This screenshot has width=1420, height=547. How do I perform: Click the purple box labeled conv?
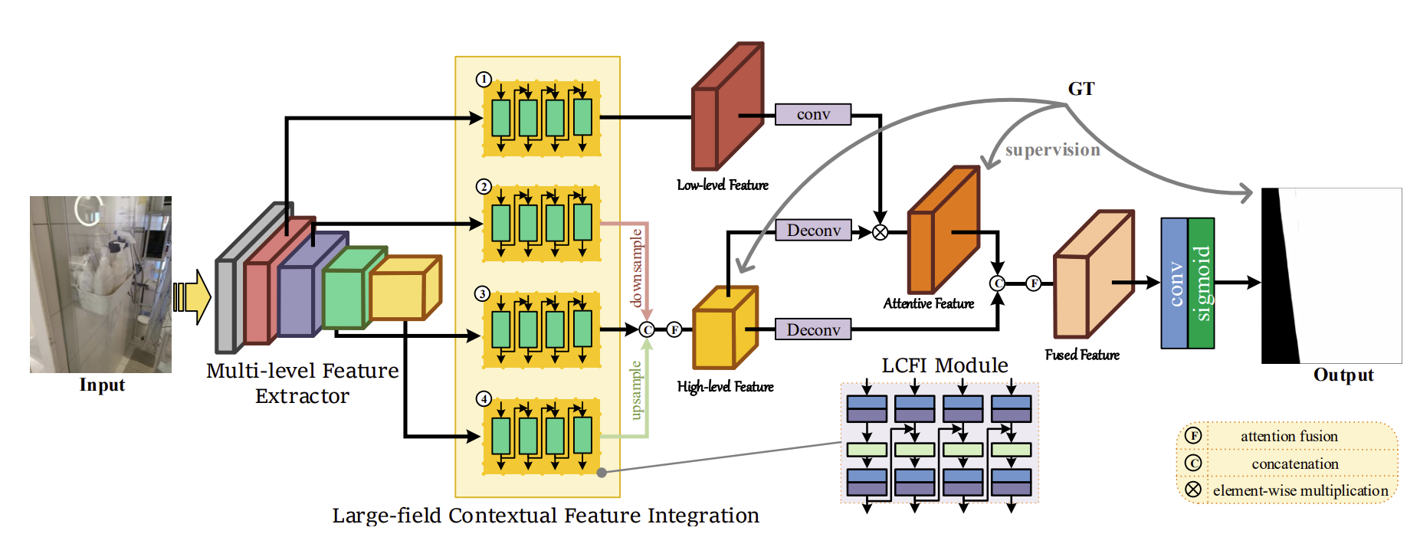pos(813,114)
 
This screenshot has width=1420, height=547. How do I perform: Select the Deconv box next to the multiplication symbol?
pos(813,231)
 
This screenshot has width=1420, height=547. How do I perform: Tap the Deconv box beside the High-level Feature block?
pos(813,329)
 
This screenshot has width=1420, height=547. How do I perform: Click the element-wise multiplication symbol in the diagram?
pos(881,232)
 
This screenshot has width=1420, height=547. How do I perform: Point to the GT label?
pos(1081,89)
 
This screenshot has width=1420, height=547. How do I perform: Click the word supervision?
pos(1053,150)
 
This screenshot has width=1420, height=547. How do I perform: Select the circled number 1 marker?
pos(484,80)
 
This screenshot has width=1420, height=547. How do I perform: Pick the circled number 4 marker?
pos(484,398)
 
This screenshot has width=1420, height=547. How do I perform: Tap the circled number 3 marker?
pos(483,294)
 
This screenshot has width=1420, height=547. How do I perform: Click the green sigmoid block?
pos(1202,283)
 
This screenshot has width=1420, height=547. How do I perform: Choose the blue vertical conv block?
pos(1175,283)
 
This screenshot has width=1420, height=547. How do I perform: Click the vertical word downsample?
pos(636,267)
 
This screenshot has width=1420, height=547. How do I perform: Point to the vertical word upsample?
pos(635,391)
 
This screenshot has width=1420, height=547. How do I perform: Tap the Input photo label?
pos(102,385)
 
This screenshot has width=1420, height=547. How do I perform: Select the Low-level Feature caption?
pos(723,185)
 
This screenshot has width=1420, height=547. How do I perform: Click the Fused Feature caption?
pos(1082,355)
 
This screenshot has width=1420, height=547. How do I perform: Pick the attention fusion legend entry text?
pos(1289,436)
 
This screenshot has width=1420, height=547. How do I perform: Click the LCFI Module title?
pos(945,365)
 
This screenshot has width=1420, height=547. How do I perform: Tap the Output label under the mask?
pos(1343,375)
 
